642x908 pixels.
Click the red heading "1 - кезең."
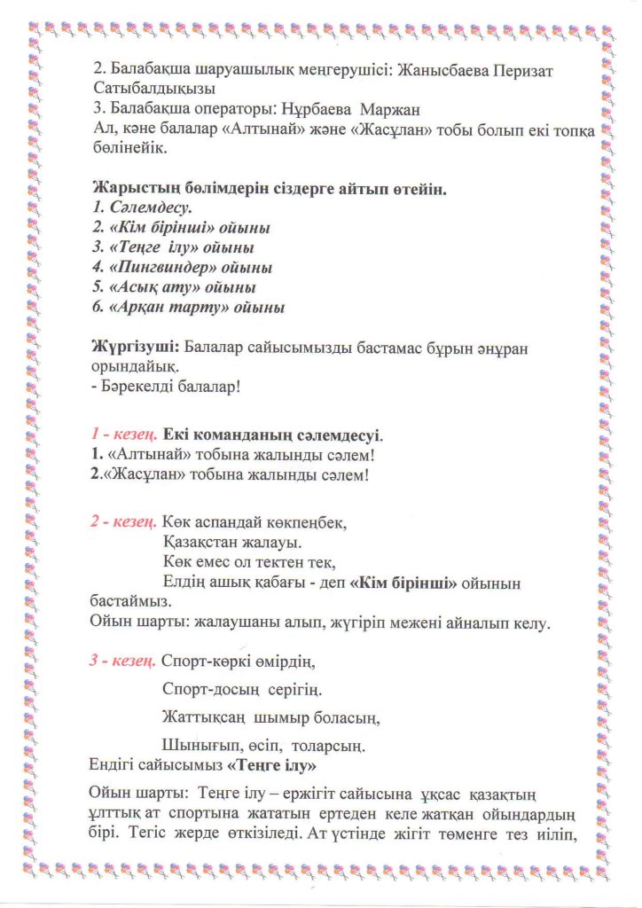(x=124, y=436)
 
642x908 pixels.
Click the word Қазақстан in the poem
(x=207, y=542)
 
